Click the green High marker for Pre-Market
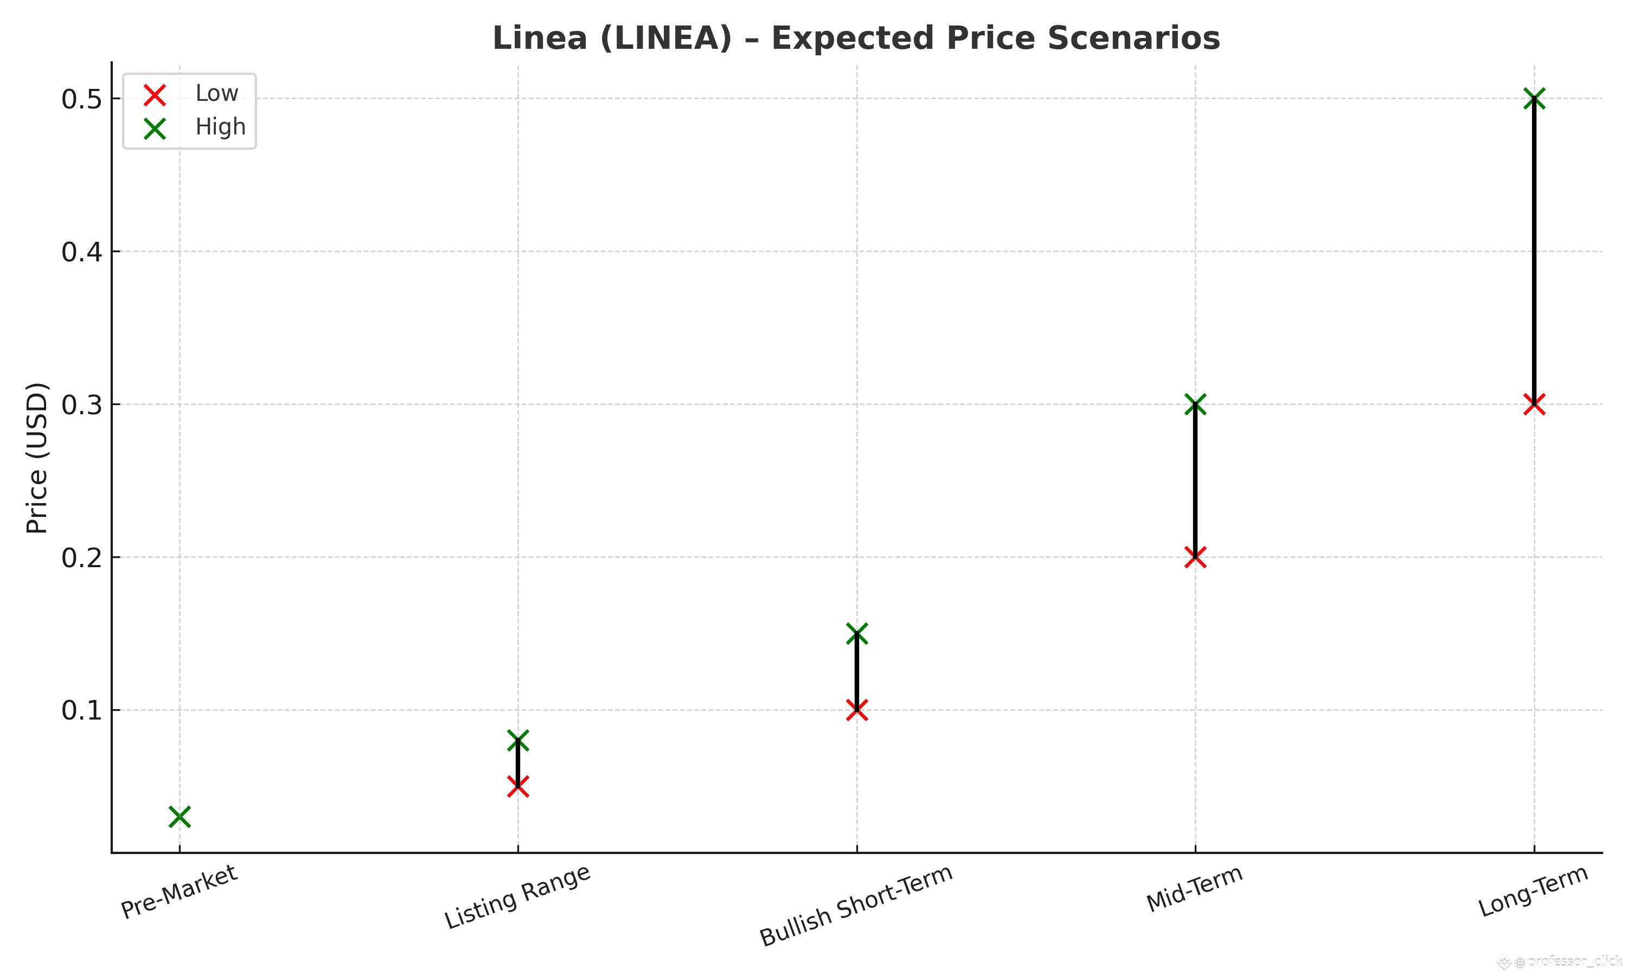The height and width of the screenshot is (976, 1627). (180, 817)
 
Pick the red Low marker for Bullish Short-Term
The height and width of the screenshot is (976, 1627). (856, 710)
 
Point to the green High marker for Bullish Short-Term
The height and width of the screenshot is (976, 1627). (856, 634)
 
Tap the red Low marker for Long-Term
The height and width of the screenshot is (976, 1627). (1534, 404)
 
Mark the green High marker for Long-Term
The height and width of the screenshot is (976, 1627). (1534, 99)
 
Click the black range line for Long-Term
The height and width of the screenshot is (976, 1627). (1534, 250)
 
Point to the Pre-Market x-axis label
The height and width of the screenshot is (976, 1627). (179, 892)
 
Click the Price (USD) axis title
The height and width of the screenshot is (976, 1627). (37, 458)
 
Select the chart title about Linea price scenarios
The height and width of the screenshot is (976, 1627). (856, 37)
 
